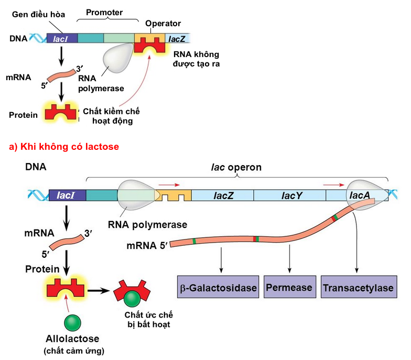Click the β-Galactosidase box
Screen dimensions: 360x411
(x=219, y=288)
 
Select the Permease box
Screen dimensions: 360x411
(x=289, y=287)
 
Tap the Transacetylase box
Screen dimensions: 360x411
(x=358, y=288)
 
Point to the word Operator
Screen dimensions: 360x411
(x=163, y=24)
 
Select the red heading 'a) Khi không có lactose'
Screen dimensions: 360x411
(x=64, y=147)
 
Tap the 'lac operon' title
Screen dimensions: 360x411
(x=239, y=167)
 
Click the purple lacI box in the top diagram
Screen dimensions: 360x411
(x=62, y=38)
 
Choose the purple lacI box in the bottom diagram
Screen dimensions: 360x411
(x=67, y=195)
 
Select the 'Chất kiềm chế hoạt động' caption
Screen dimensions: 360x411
(x=112, y=116)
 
